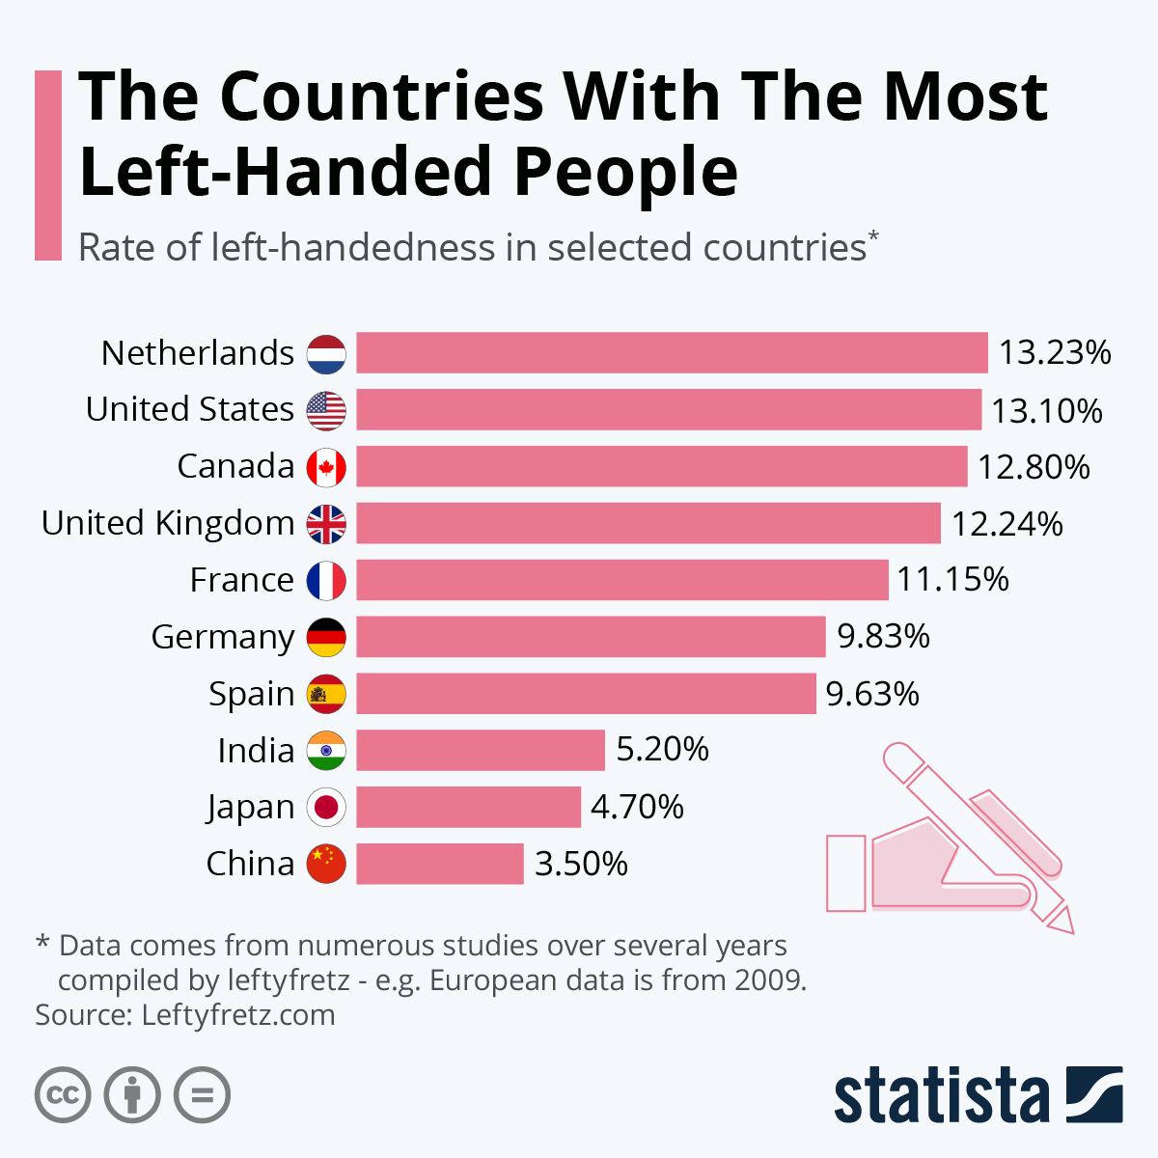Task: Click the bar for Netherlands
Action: pos(672,352)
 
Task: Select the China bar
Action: pos(440,864)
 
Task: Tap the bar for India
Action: pos(481,750)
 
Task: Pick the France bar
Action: pos(622,580)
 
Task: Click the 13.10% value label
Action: pos(1047,411)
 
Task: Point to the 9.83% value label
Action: pos(883,637)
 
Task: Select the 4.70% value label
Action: pos(637,807)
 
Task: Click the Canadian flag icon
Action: pos(326,467)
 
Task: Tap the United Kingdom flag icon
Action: pos(326,524)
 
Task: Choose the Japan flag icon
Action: pos(326,807)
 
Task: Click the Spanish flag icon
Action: pos(326,694)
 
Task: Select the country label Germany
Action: pos(223,638)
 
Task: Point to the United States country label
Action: pos(190,410)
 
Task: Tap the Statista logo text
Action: pos(941,1096)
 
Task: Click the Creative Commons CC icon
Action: pos(63,1095)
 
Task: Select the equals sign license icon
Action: pos(202,1095)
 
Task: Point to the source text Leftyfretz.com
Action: pos(238,1015)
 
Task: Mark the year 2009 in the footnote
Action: pos(767,980)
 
